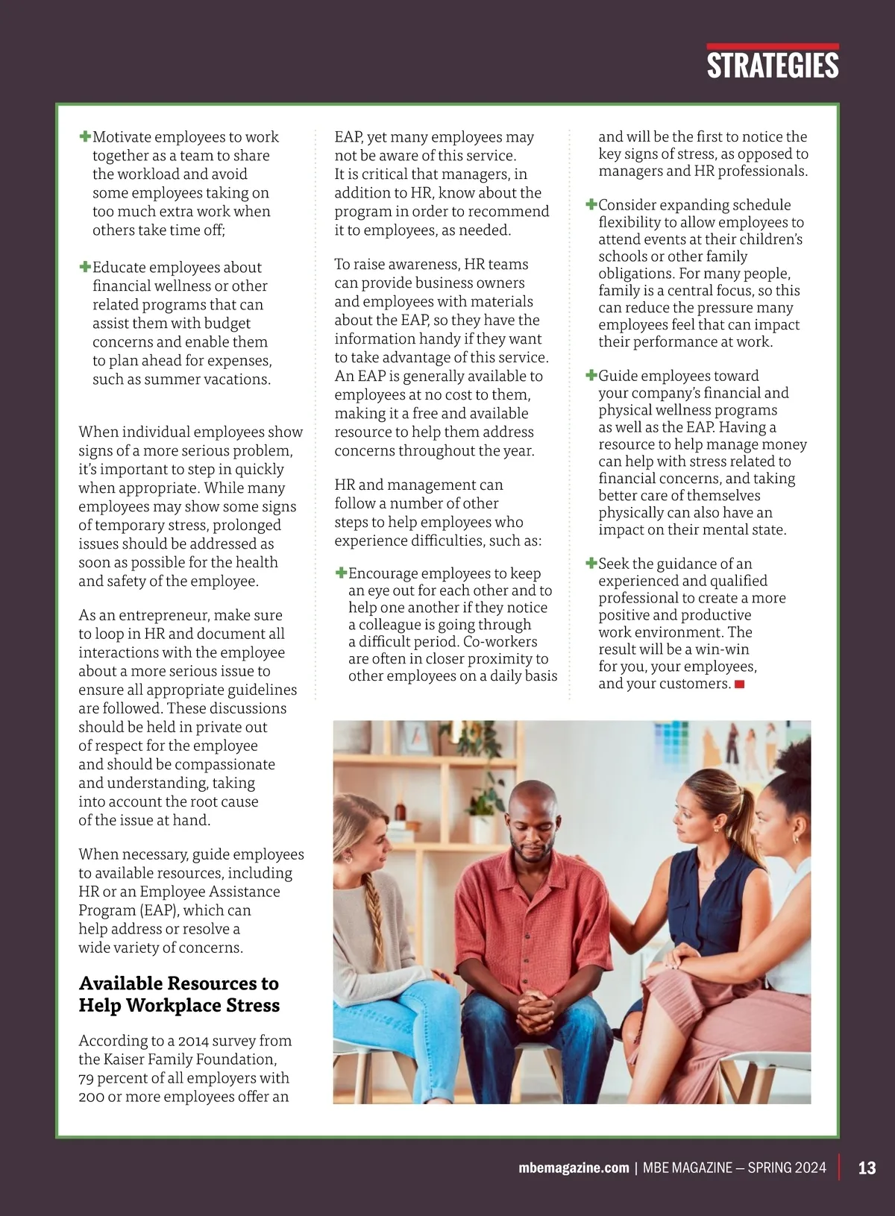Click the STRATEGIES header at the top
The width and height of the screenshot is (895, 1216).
tap(773, 66)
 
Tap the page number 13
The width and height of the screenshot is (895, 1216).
tap(867, 1168)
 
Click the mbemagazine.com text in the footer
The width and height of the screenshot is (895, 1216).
tap(574, 1168)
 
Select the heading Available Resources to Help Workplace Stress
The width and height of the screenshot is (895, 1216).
tap(179, 994)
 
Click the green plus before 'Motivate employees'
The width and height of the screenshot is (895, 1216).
tap(85, 136)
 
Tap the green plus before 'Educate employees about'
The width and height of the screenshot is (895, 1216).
tap(85, 267)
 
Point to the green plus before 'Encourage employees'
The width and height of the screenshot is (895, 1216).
tap(341, 573)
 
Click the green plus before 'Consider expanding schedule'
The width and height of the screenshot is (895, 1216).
tap(591, 204)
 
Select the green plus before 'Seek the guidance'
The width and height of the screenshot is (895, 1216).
tap(591, 563)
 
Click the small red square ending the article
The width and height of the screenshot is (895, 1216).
tap(740, 684)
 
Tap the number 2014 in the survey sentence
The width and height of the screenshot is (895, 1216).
tap(194, 1040)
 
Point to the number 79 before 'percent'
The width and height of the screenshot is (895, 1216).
tap(87, 1077)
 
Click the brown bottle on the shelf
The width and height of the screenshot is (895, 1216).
tap(401, 811)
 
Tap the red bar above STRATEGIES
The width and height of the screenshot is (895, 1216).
tap(773, 46)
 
